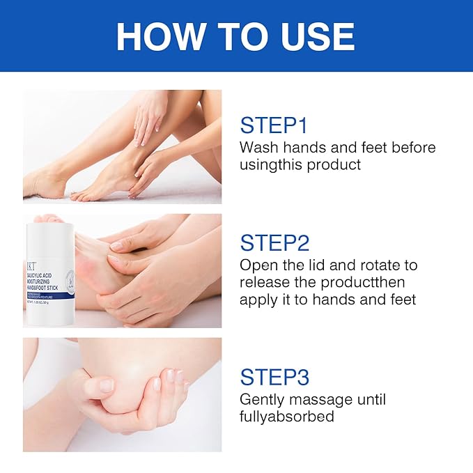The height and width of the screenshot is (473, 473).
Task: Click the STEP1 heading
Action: coord(273,125)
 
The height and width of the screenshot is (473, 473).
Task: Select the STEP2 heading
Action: coord(274,243)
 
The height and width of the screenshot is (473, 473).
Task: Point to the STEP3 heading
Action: coord(274,376)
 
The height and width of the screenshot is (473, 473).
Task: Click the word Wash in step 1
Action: coord(258,148)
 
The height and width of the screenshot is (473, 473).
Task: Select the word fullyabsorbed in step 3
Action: coord(286,417)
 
